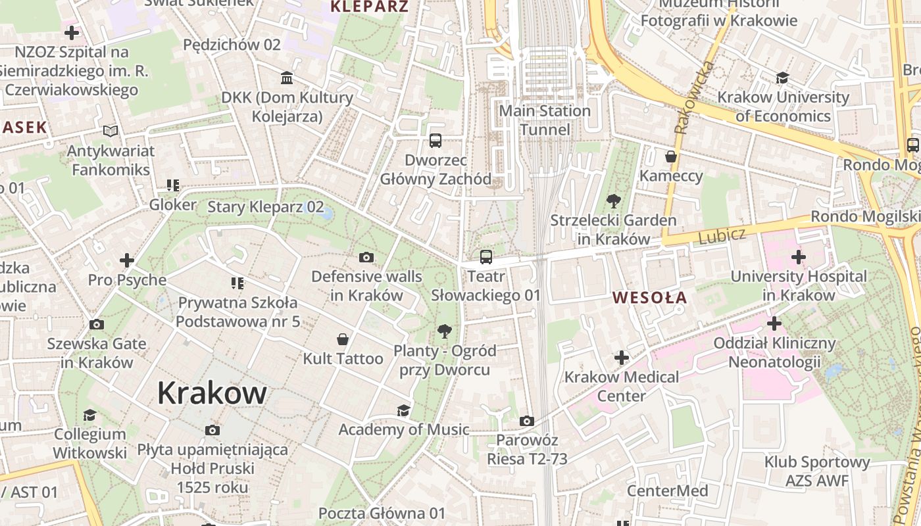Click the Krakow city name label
[x=212, y=393]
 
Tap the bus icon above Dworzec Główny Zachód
[x=436, y=140]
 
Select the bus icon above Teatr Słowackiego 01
[x=486, y=257]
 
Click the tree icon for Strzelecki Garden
[x=613, y=201]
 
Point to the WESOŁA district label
[x=649, y=298]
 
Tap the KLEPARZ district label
[x=369, y=7]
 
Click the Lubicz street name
[x=722, y=235]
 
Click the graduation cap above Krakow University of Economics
[x=782, y=78]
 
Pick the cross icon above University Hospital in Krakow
[x=798, y=256]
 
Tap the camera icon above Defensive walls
[x=366, y=257]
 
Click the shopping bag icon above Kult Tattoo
[x=343, y=339]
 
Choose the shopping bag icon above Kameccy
[x=671, y=156]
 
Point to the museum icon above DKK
[x=287, y=78]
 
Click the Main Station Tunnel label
[x=545, y=120]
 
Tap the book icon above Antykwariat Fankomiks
[x=111, y=131]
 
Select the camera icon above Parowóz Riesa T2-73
[x=526, y=421]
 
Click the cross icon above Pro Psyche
[x=127, y=260]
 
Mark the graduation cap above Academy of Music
[x=403, y=411]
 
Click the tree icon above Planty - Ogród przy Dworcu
[x=445, y=331]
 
